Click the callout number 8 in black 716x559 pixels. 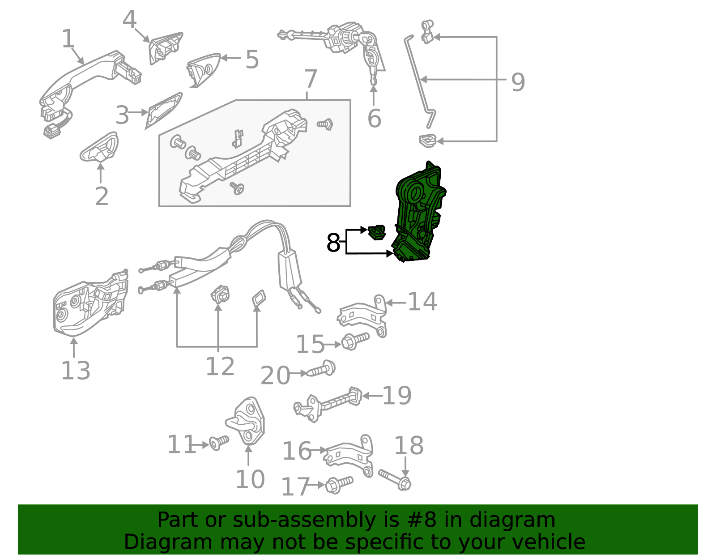click(x=333, y=243)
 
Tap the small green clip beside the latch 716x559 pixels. click(x=377, y=232)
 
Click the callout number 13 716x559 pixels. click(x=75, y=371)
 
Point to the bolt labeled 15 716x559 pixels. click(x=355, y=341)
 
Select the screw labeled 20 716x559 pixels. click(x=322, y=370)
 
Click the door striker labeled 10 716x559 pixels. click(x=247, y=420)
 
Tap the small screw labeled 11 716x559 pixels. click(x=219, y=443)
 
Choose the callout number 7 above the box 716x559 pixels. click(x=310, y=80)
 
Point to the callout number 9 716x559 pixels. click(x=518, y=82)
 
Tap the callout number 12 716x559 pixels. click(x=220, y=367)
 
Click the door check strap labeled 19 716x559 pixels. click(x=329, y=403)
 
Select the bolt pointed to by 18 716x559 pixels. click(x=395, y=479)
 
